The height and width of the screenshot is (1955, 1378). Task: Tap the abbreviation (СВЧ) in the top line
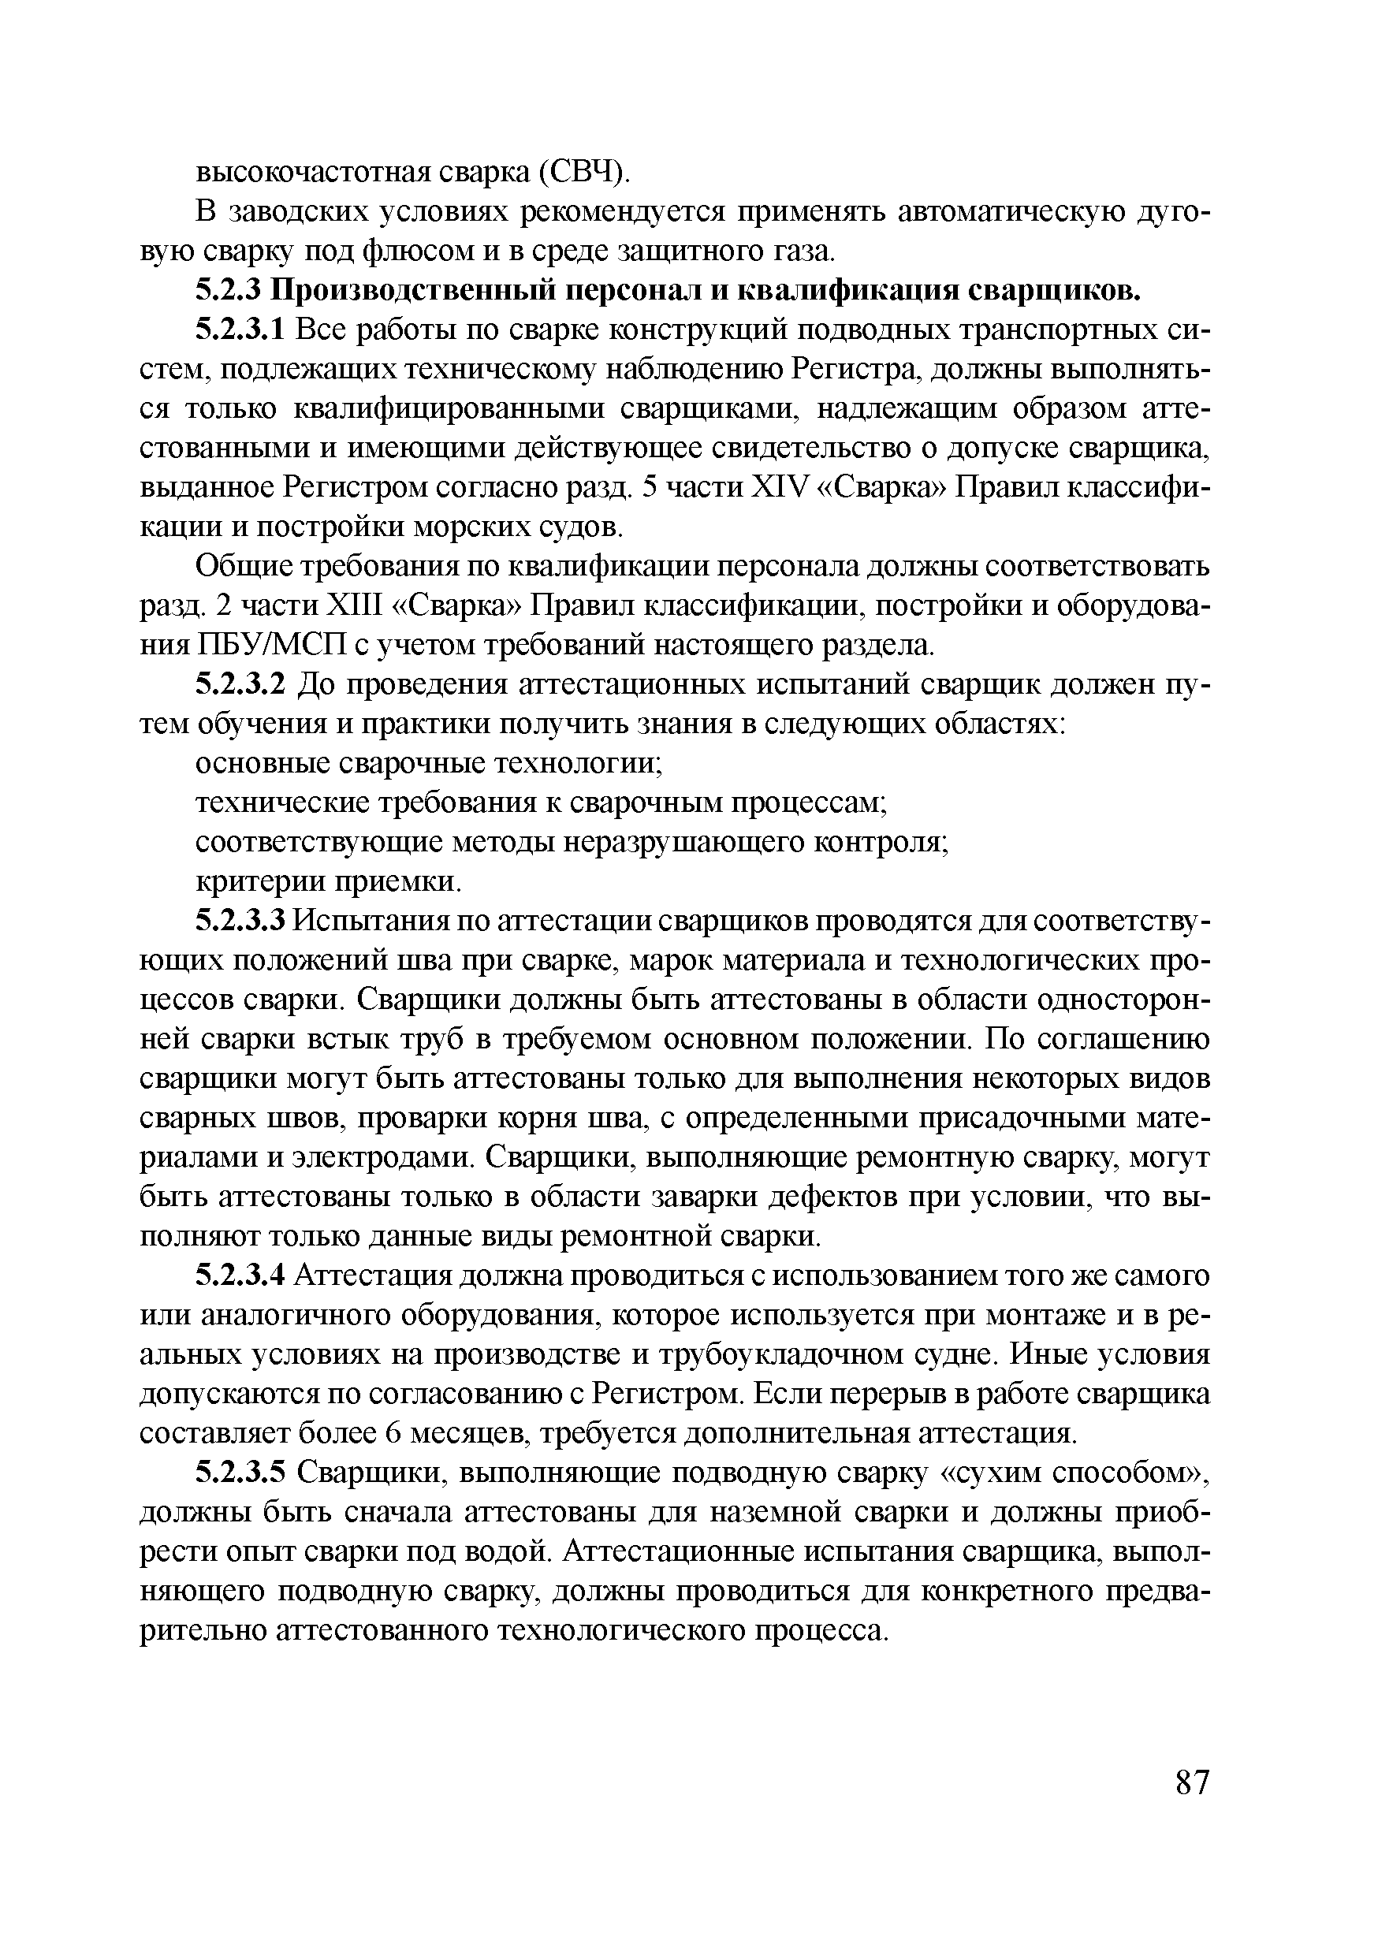coord(586,172)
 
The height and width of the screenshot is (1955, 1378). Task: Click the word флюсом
coord(412,251)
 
